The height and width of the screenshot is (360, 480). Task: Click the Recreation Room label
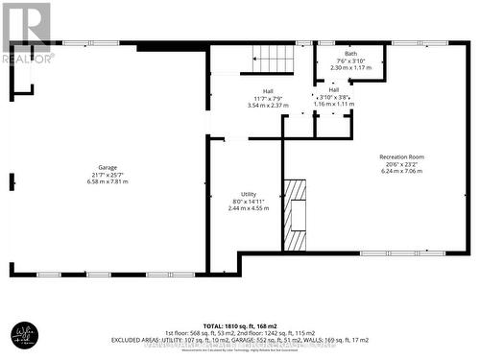click(x=402, y=156)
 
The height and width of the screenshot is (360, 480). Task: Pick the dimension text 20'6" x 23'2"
click(x=402, y=164)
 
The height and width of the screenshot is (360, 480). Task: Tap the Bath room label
click(x=350, y=53)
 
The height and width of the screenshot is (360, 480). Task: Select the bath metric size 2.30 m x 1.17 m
click(x=350, y=68)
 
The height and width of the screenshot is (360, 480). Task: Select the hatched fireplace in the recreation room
click(x=294, y=212)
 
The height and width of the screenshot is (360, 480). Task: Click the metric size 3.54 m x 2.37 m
click(x=254, y=105)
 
